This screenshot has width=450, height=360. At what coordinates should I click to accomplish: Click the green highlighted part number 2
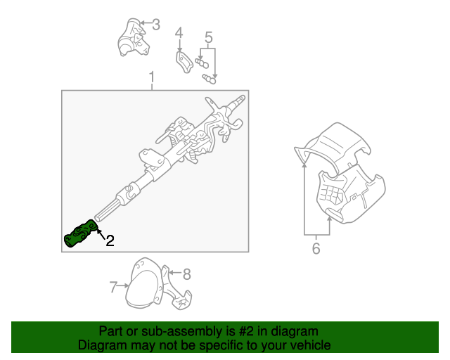click(80, 233)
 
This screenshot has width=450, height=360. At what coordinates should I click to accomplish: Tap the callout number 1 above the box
click(152, 77)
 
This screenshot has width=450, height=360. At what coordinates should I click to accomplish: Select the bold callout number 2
click(110, 240)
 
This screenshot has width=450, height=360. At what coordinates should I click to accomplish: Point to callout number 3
click(156, 25)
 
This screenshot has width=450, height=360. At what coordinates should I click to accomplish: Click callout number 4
click(179, 33)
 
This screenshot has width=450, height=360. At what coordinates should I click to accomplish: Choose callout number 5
click(209, 37)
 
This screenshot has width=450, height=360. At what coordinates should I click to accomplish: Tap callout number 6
click(316, 248)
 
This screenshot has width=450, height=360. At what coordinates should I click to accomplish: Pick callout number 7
click(113, 287)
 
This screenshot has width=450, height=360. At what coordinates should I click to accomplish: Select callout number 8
click(187, 274)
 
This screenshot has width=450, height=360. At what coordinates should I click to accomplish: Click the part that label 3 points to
click(133, 37)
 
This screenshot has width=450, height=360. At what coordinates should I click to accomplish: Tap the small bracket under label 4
click(184, 62)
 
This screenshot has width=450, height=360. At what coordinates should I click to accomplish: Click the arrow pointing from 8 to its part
click(174, 273)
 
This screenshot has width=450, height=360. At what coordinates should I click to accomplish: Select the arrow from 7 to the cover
click(124, 285)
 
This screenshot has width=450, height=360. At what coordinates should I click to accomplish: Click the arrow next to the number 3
click(146, 22)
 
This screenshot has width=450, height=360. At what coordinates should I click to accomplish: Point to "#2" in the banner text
click(246, 331)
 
